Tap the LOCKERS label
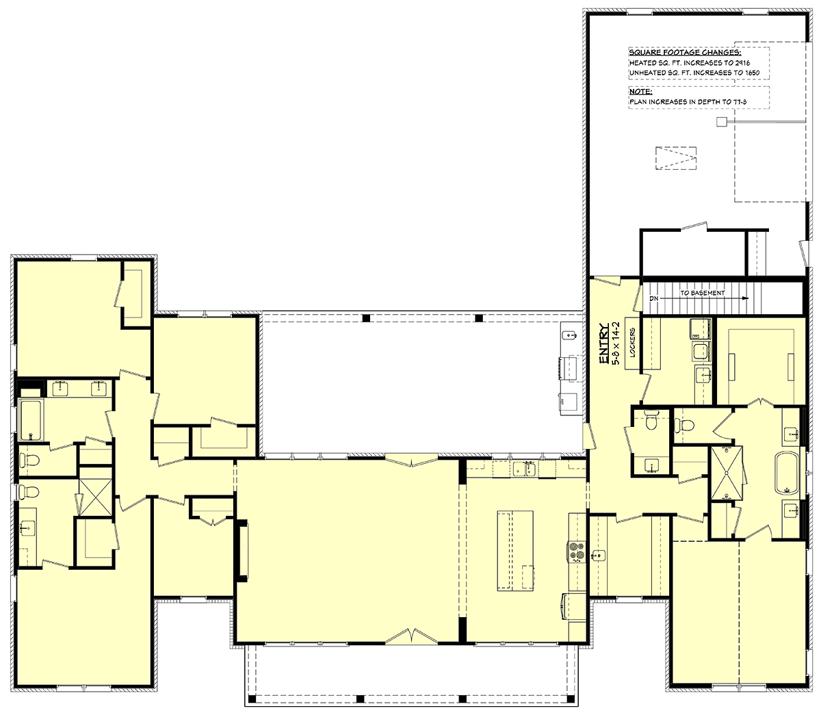pos(632,342)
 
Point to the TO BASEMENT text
pos(703,293)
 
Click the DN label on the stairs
pos(653,298)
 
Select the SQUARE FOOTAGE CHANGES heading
pos(685,53)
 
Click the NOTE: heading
pos(641,92)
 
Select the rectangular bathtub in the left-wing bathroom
pos(31,419)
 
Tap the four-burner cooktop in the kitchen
pos(576,552)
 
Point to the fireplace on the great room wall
pos(243,550)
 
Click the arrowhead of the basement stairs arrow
pos(746,298)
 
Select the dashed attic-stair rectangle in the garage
pos(676,158)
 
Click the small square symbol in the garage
pos(721,121)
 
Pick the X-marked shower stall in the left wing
pos(96,497)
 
